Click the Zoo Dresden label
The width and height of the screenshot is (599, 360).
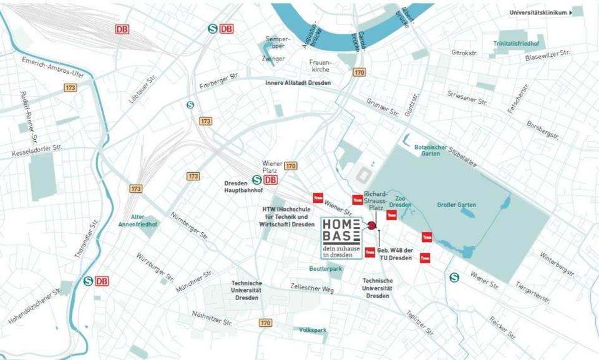[x=400, y=201]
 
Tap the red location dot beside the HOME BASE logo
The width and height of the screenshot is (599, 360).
[x=372, y=225]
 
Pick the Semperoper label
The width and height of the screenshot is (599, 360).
[x=278, y=42]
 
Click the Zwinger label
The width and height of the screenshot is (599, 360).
[x=273, y=59]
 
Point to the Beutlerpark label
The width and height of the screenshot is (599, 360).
[x=326, y=268]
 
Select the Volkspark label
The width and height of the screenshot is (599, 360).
[x=313, y=329]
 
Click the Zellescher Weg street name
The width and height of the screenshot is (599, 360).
[x=312, y=288]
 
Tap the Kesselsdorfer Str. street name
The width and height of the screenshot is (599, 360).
[x=37, y=150]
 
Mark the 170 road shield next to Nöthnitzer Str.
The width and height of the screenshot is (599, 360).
[x=266, y=323]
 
